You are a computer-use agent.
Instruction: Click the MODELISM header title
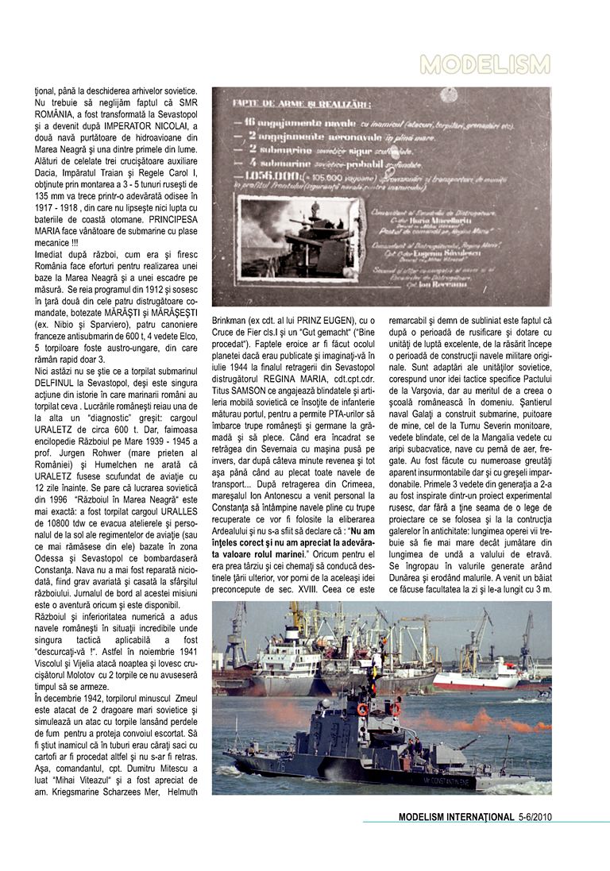click(x=485, y=64)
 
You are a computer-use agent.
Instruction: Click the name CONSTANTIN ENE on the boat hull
click(x=450, y=781)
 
